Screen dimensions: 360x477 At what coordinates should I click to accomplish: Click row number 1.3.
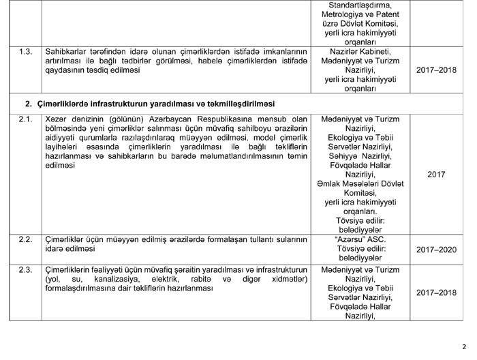[x=23, y=51]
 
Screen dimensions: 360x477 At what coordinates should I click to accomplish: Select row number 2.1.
[x=23, y=120]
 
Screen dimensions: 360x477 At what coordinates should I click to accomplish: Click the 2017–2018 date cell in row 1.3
[x=437, y=70]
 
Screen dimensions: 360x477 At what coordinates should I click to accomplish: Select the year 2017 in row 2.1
[x=437, y=175]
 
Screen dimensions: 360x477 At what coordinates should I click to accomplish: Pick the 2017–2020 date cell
[x=437, y=250]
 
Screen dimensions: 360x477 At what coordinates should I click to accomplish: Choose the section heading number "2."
[x=29, y=104]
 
